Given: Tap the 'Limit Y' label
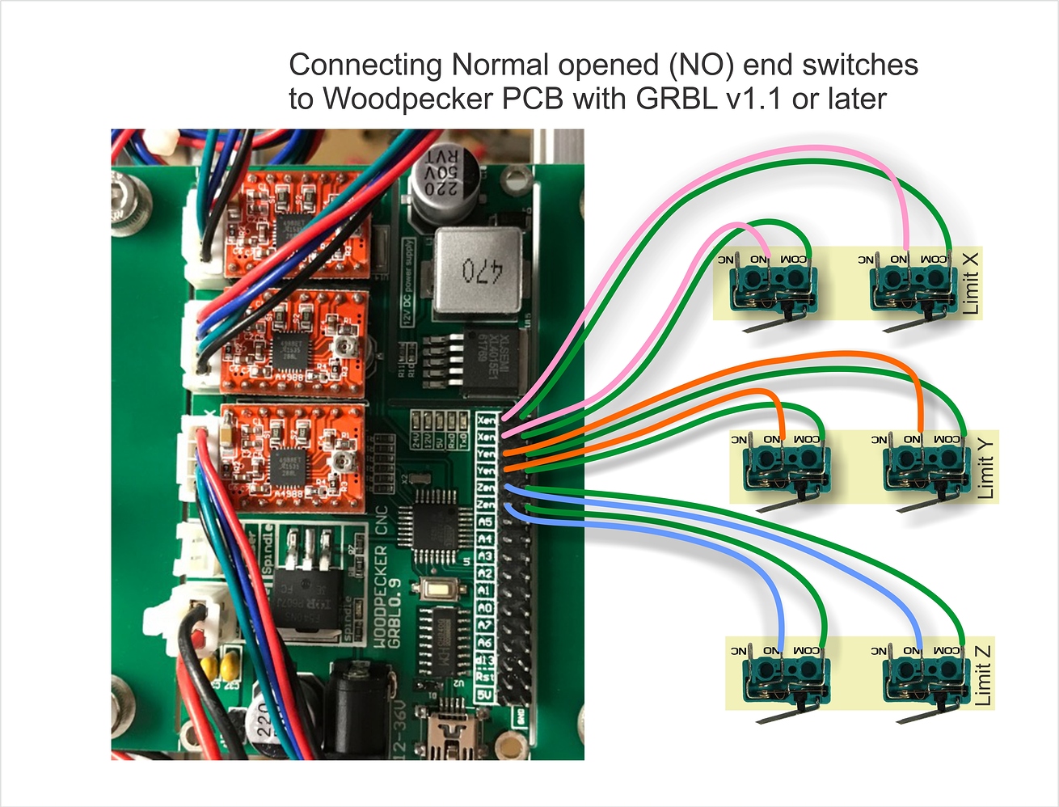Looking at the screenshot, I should (x=985, y=467).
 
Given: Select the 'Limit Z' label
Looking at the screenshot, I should (x=982, y=674).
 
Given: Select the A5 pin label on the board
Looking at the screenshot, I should (x=485, y=522).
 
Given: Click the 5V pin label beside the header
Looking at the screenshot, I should (x=484, y=695).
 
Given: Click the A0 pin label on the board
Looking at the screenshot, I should (x=485, y=608).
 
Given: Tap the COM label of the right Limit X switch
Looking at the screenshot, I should (x=934, y=259).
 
